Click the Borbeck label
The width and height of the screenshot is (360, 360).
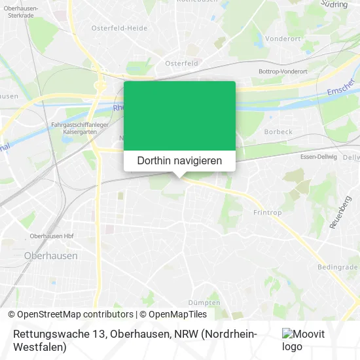278,132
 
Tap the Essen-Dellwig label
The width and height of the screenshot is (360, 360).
317,157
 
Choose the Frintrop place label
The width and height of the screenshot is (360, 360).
266,213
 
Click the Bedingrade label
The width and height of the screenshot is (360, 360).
337,268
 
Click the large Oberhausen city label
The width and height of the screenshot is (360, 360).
50,255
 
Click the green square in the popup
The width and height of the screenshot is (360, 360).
179,116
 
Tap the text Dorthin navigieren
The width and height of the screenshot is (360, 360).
179,160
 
